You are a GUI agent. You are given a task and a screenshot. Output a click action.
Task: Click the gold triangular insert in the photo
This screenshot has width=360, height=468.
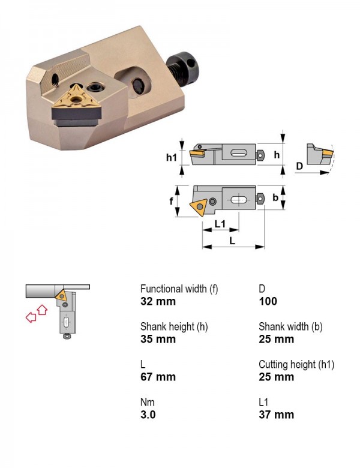point(77,96)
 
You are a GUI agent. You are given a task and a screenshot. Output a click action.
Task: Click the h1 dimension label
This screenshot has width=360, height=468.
point(172,157)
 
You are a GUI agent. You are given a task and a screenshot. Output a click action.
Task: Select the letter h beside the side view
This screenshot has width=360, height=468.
point(277,155)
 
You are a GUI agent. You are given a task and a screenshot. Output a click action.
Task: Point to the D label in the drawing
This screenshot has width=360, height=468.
point(299,166)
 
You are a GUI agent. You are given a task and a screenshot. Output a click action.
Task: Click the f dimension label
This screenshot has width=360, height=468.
point(172,201)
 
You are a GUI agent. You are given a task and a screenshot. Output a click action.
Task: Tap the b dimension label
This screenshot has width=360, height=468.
point(275,197)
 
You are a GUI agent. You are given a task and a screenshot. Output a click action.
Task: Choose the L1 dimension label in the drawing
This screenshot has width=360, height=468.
point(220,223)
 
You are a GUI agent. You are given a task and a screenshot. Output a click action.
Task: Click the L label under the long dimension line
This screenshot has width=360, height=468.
point(232,241)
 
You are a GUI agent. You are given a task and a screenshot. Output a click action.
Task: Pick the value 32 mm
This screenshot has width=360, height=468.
point(158,301)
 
